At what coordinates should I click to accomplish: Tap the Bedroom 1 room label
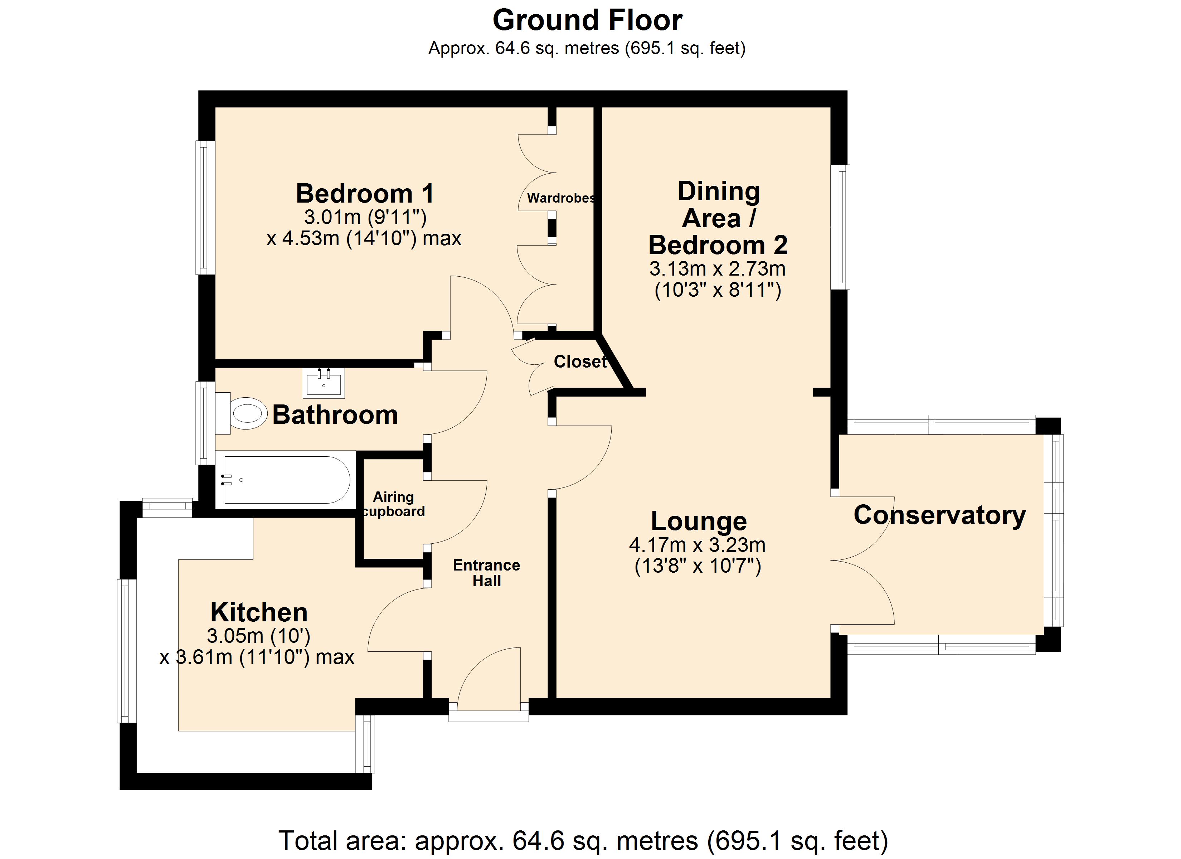tap(365, 194)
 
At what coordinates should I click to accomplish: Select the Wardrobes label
tap(561, 198)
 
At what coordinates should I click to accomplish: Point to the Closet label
tap(580, 361)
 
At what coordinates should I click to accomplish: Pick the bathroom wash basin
tap(324, 382)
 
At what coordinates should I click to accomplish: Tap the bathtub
tap(286, 480)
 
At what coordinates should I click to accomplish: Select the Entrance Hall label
tap(486, 573)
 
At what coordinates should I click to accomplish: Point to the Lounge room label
tap(699, 521)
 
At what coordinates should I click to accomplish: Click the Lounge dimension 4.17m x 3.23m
tap(697, 545)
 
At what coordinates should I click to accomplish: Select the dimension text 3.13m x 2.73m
tap(717, 269)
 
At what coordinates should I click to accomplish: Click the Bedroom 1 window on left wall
tap(206, 207)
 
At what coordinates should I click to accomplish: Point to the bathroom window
tap(206, 423)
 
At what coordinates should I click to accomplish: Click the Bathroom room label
tap(335, 415)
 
